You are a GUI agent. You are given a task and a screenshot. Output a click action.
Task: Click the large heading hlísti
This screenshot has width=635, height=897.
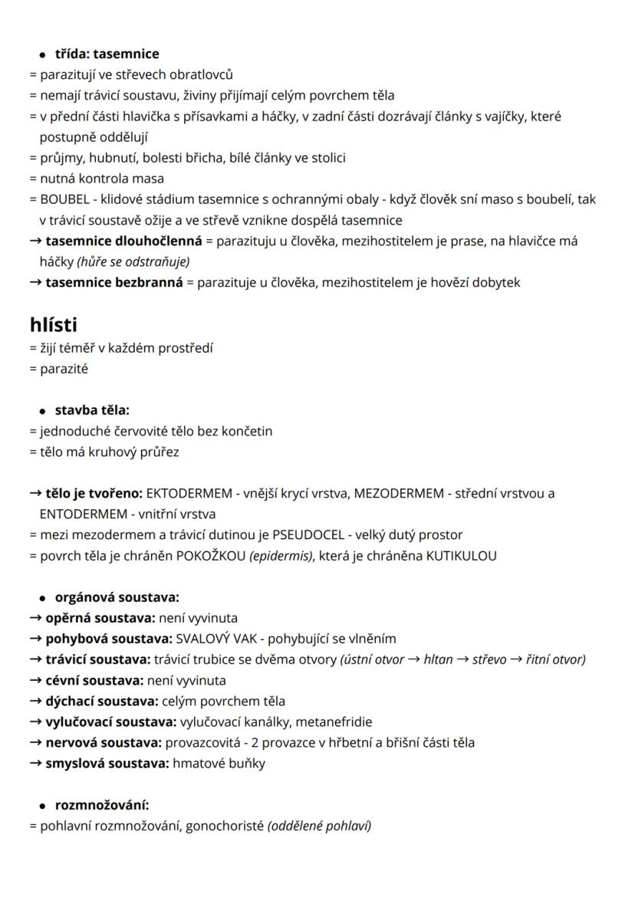click(x=54, y=325)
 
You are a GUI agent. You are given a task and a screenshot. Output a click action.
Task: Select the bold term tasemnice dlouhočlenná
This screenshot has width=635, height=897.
click(x=123, y=241)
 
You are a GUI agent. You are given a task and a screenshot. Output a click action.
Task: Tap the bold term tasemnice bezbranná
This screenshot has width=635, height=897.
click(x=114, y=282)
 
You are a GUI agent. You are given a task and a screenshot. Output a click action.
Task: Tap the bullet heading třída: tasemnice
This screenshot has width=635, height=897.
click(x=107, y=54)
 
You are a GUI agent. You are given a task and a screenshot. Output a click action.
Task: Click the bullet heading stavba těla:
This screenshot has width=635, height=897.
click(x=92, y=410)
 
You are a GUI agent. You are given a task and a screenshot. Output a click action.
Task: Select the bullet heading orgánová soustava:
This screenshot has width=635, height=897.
click(x=117, y=597)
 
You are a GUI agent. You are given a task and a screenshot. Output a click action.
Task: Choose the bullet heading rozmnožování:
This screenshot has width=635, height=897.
click(x=102, y=805)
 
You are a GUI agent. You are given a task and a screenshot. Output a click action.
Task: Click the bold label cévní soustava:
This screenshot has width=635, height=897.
click(x=94, y=680)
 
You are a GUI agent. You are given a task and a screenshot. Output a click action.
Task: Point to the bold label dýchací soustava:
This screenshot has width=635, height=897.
click(x=102, y=701)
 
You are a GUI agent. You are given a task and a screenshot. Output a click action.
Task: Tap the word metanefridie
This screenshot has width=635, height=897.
click(x=334, y=721)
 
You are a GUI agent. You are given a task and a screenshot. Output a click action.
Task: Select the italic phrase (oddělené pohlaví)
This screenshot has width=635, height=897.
click(x=319, y=826)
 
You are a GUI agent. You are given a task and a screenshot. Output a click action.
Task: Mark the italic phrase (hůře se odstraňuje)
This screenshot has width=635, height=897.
click(x=133, y=261)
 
